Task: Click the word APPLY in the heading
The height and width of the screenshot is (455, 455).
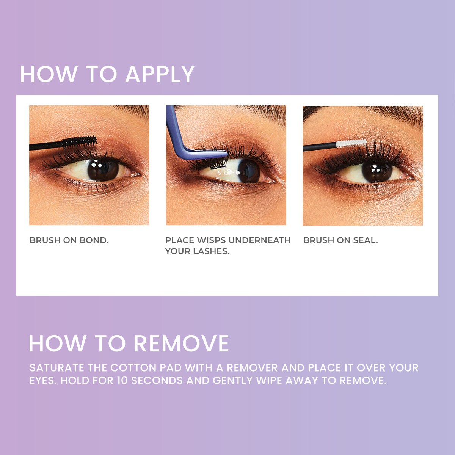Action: [x=160, y=74]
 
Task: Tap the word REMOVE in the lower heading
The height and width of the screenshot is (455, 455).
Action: [x=181, y=344]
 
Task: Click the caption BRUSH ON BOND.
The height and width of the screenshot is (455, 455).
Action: [x=69, y=240]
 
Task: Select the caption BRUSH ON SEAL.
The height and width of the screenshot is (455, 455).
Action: [x=340, y=240]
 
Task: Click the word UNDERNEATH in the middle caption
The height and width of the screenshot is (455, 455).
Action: [x=260, y=240]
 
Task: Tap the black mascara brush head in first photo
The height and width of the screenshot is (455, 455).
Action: [x=80, y=142]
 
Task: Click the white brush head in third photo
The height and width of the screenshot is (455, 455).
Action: [x=351, y=144]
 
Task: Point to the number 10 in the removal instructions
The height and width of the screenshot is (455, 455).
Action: [x=122, y=380]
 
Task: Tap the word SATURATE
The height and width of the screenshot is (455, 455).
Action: [x=57, y=368]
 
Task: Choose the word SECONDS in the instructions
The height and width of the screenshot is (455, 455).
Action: [x=157, y=380]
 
